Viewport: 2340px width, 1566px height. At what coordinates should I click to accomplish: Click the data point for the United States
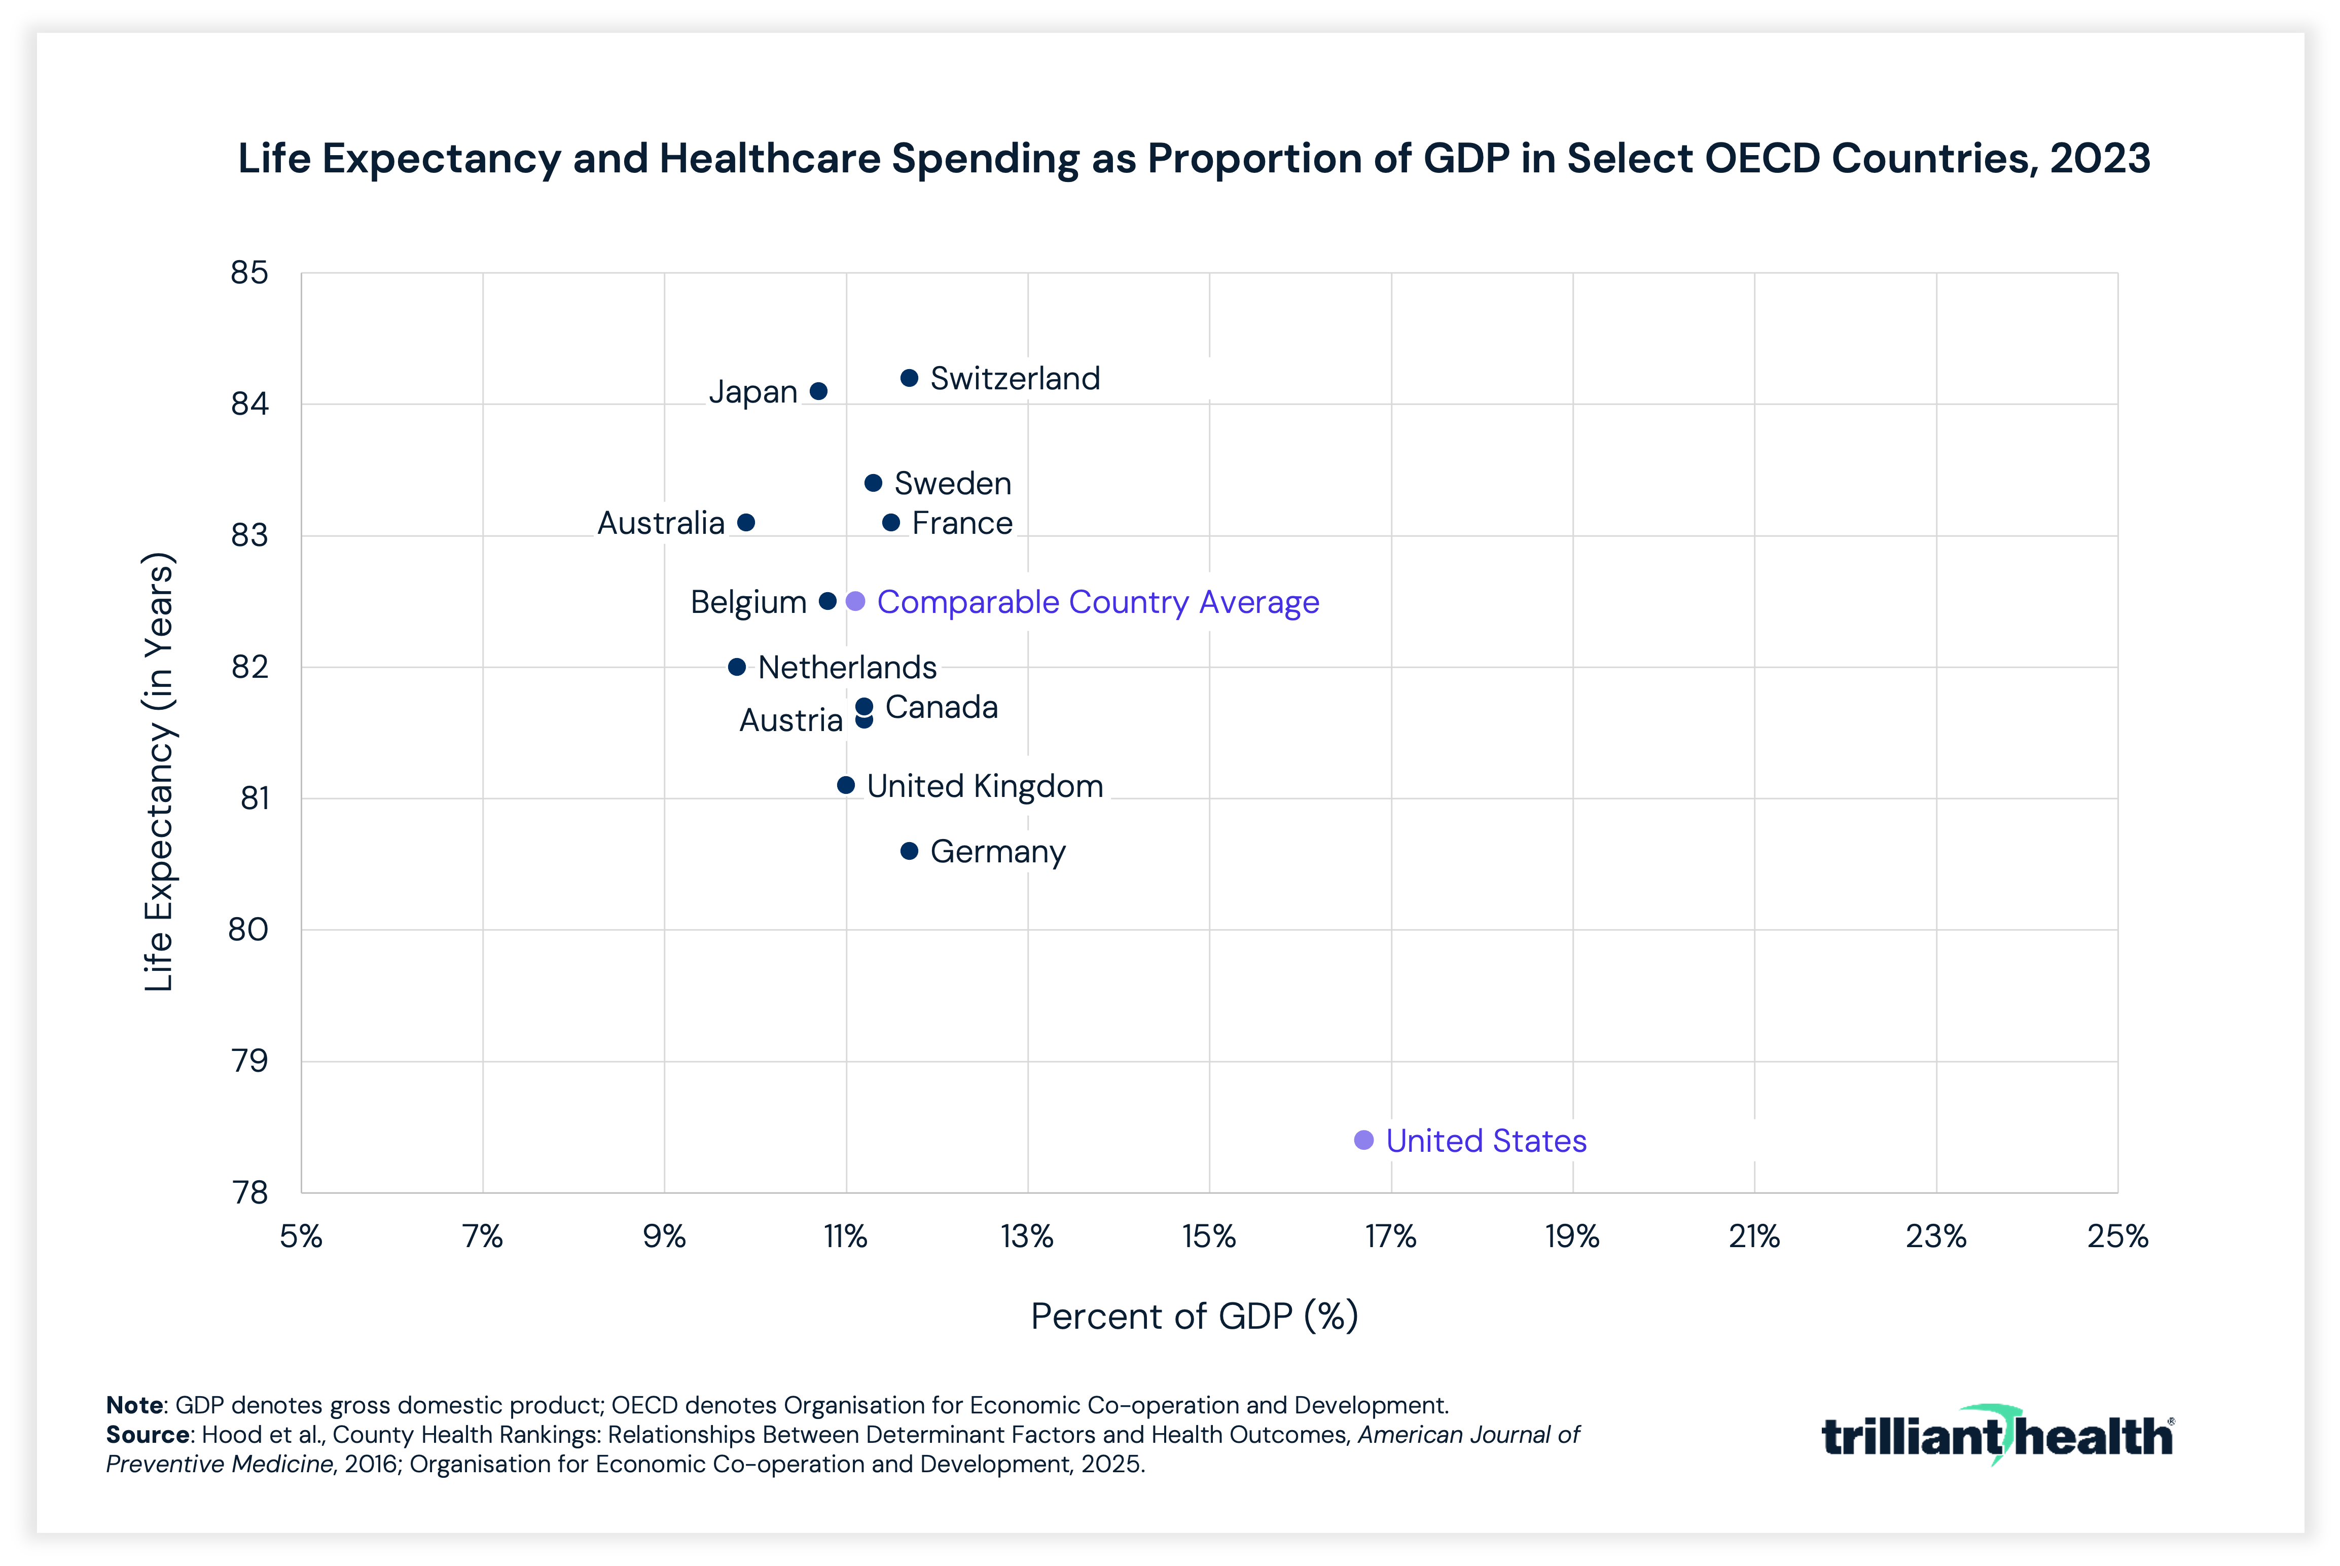click(x=1363, y=1140)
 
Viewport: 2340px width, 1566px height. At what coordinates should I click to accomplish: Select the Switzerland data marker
click(x=909, y=378)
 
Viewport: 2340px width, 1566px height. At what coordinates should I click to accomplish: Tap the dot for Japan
click(x=818, y=390)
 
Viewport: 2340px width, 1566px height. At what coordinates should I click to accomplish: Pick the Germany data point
click(x=909, y=851)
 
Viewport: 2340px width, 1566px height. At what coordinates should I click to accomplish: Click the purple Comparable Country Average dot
click(x=855, y=601)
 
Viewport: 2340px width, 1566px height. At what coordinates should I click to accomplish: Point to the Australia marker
click(x=746, y=522)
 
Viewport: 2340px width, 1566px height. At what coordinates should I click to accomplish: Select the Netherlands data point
click(x=737, y=666)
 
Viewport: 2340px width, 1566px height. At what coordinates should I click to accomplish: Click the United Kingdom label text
click(x=985, y=786)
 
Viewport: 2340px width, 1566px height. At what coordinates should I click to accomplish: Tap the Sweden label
click(x=953, y=483)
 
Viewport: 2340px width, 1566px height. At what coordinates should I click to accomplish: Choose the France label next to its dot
click(x=962, y=523)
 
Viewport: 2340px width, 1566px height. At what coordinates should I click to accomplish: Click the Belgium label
click(x=748, y=602)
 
